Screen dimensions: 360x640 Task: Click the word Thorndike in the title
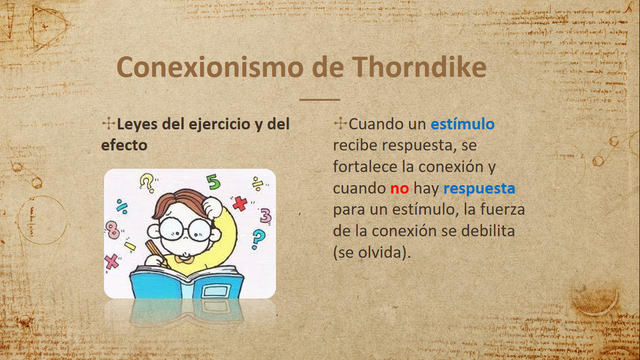(421, 67)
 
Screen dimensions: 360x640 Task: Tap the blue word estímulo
(462, 125)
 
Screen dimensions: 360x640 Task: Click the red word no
(400, 189)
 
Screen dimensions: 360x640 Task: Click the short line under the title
(320, 99)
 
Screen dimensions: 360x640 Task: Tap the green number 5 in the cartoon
(213, 183)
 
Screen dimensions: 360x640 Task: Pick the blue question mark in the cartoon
(258, 239)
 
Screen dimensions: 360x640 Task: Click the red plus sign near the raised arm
(239, 203)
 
